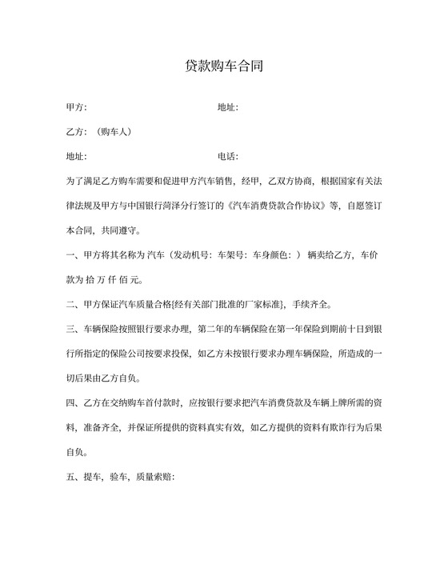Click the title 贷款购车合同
[223, 67]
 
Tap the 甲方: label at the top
[76, 107]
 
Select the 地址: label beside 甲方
[227, 107]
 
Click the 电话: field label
[227, 156]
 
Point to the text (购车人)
[116, 131]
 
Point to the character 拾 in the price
[88, 279]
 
